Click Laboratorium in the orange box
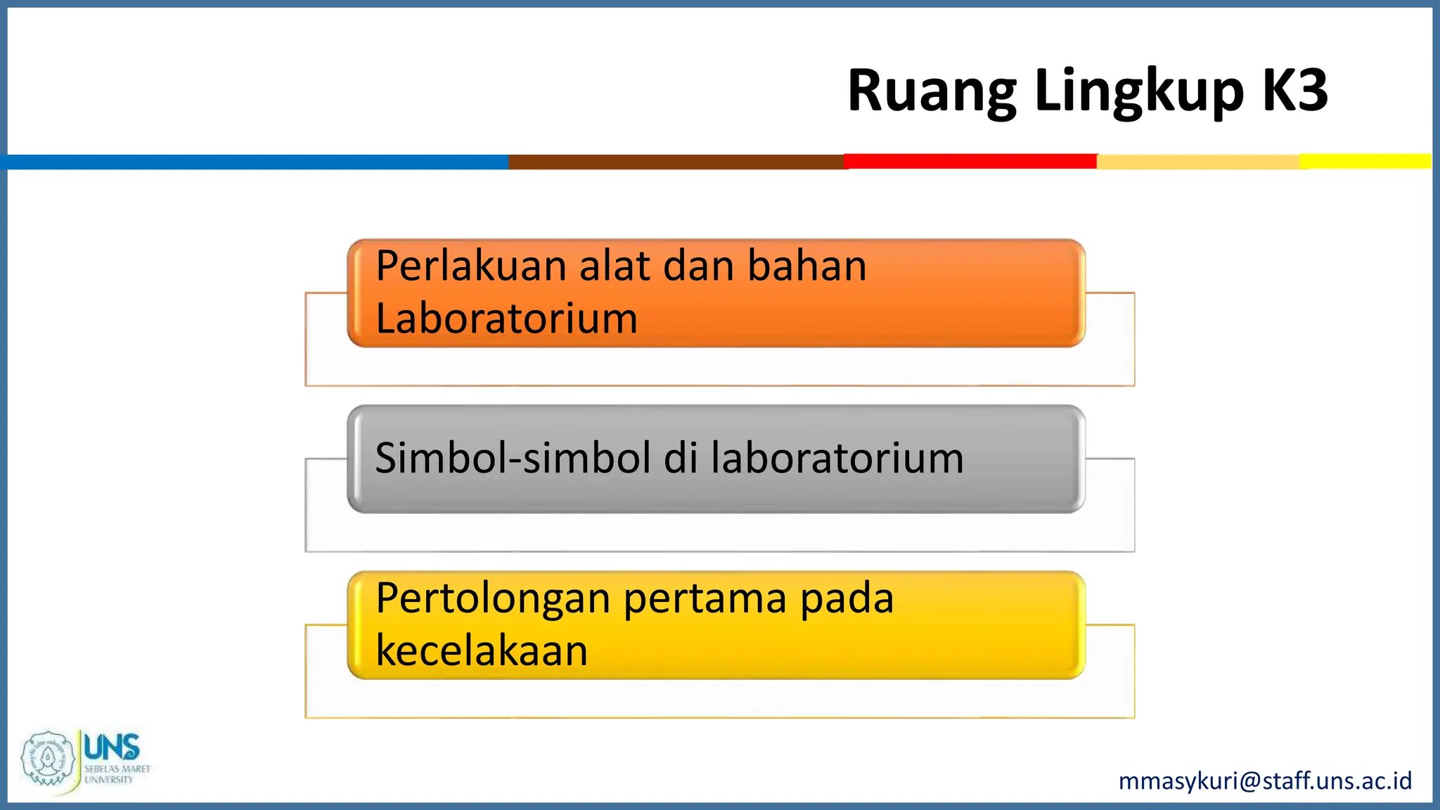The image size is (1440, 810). click(x=506, y=319)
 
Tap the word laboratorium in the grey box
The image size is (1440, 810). click(x=837, y=458)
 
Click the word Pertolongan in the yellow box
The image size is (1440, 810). click(x=493, y=598)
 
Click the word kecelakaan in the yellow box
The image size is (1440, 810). click(x=482, y=650)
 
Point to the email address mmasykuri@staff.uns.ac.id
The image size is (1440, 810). click(x=1265, y=780)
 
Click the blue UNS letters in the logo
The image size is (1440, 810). click(x=112, y=747)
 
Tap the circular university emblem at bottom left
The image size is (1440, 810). click(x=47, y=759)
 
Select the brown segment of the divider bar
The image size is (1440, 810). click(x=675, y=162)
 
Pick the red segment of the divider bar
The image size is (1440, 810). click(x=970, y=162)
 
